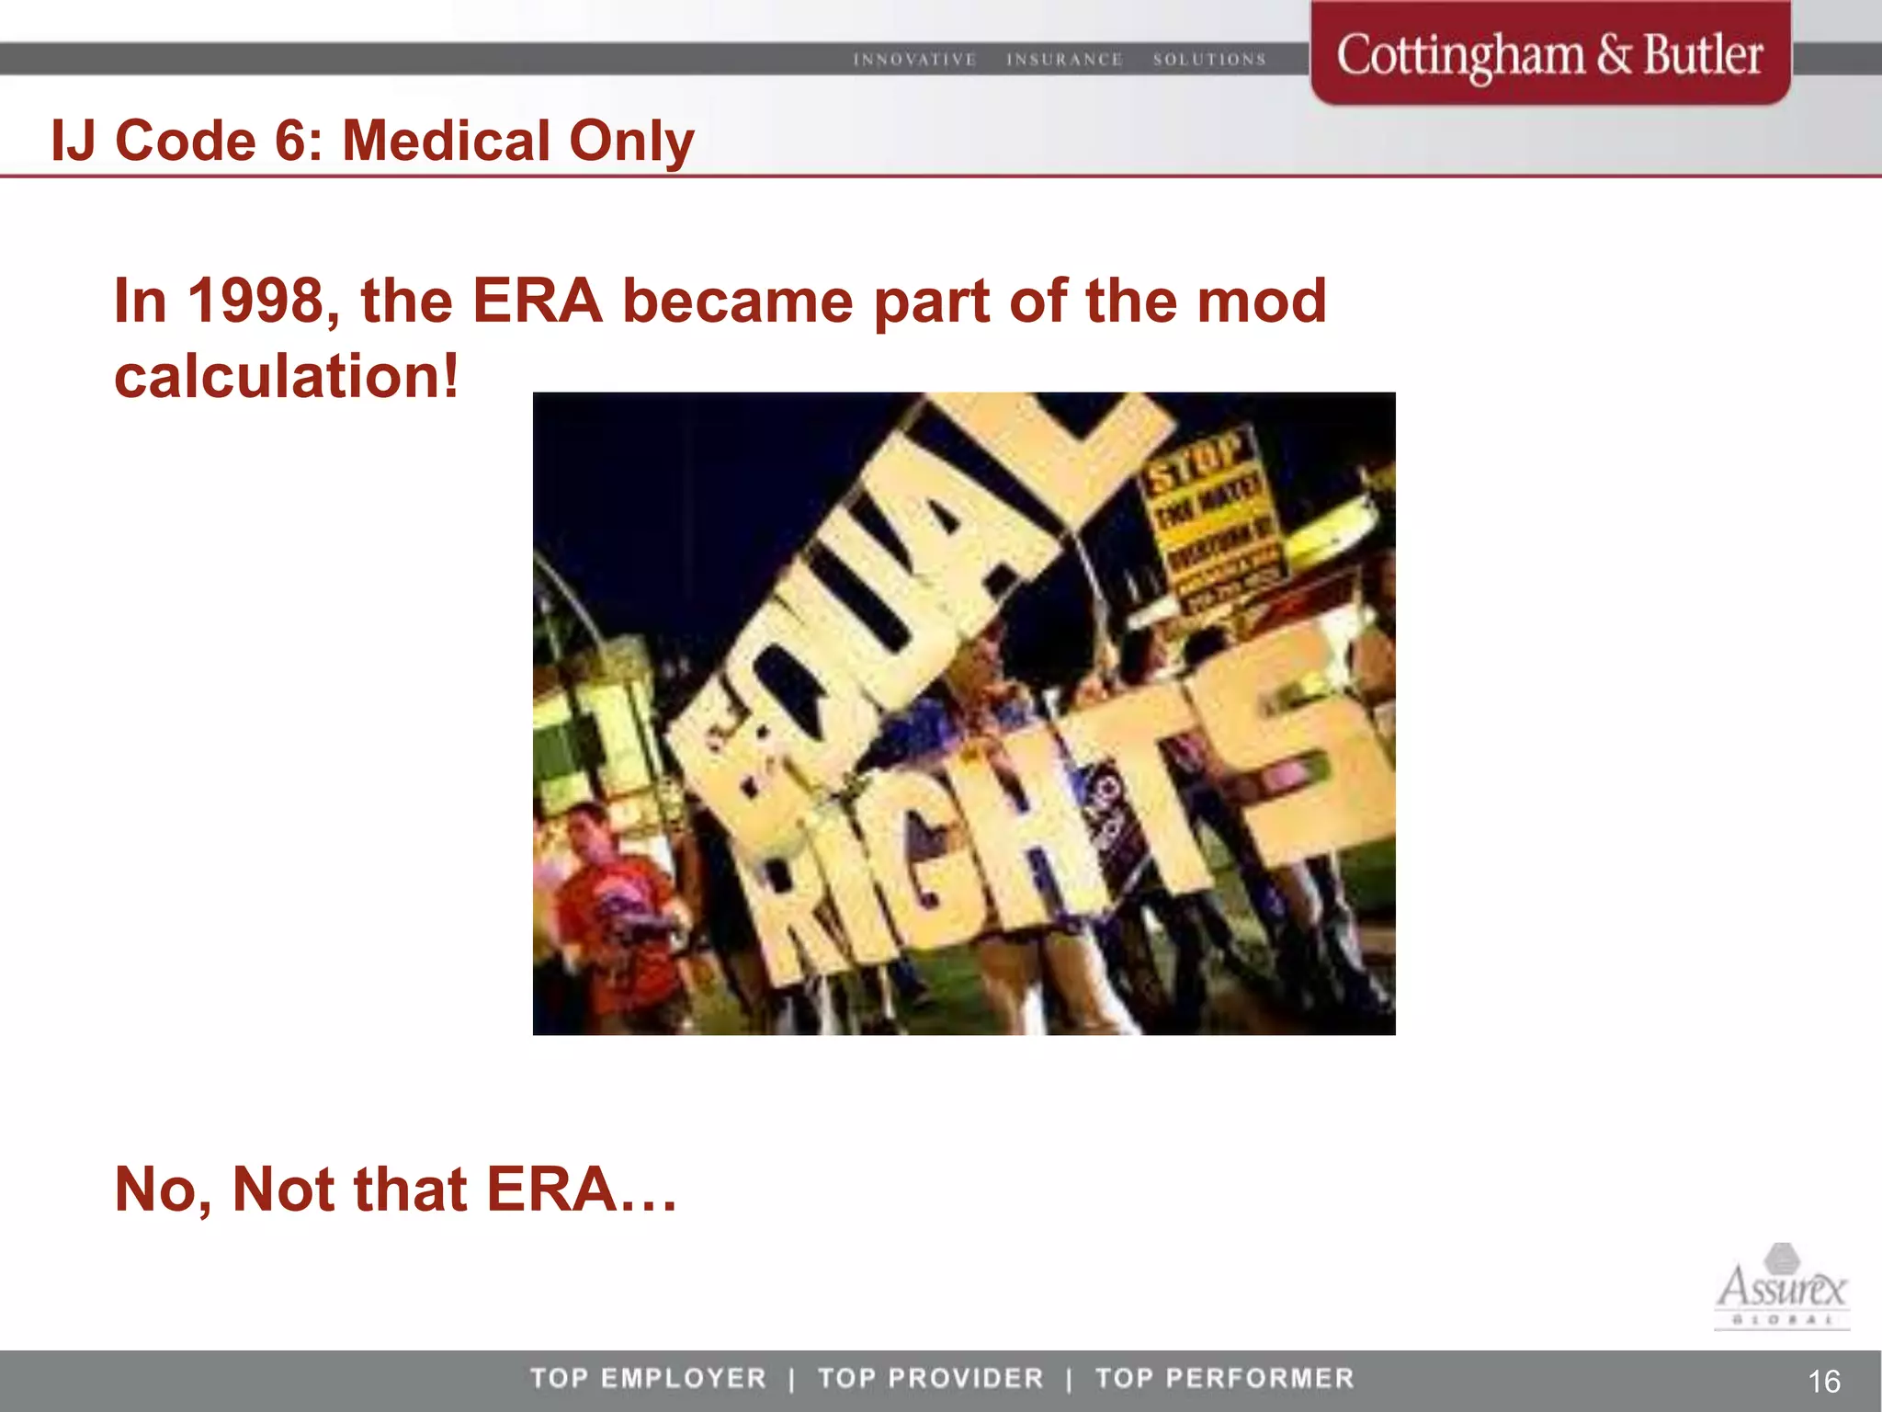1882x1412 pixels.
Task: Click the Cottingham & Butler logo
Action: pyautogui.click(x=1549, y=55)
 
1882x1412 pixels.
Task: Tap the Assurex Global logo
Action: pyautogui.click(x=1781, y=1287)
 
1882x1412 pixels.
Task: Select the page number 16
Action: pyautogui.click(x=1823, y=1381)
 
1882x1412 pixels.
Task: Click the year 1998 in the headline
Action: pyautogui.click(x=256, y=302)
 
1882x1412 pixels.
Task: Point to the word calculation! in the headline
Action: pyautogui.click(x=286, y=377)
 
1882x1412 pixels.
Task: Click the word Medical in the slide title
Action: pyautogui.click(x=446, y=142)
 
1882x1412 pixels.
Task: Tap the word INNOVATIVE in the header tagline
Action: pyautogui.click(x=914, y=60)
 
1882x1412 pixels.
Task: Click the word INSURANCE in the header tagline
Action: pyautogui.click(x=1064, y=60)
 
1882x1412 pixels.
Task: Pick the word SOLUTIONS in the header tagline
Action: pyautogui.click(x=1209, y=60)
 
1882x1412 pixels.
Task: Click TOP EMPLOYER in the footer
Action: pyautogui.click(x=648, y=1378)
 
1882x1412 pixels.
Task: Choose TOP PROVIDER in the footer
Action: pyautogui.click(x=931, y=1378)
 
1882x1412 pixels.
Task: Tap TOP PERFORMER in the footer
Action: pyautogui.click(x=1225, y=1378)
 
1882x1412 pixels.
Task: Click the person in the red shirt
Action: pyautogui.click(x=616, y=910)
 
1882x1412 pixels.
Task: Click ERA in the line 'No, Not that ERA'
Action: pyautogui.click(x=551, y=1190)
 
